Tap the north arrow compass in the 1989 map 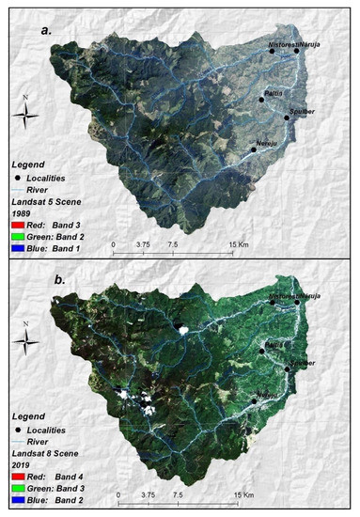(28, 114)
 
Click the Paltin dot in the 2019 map (263, 351)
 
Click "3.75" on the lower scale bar (143, 494)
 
